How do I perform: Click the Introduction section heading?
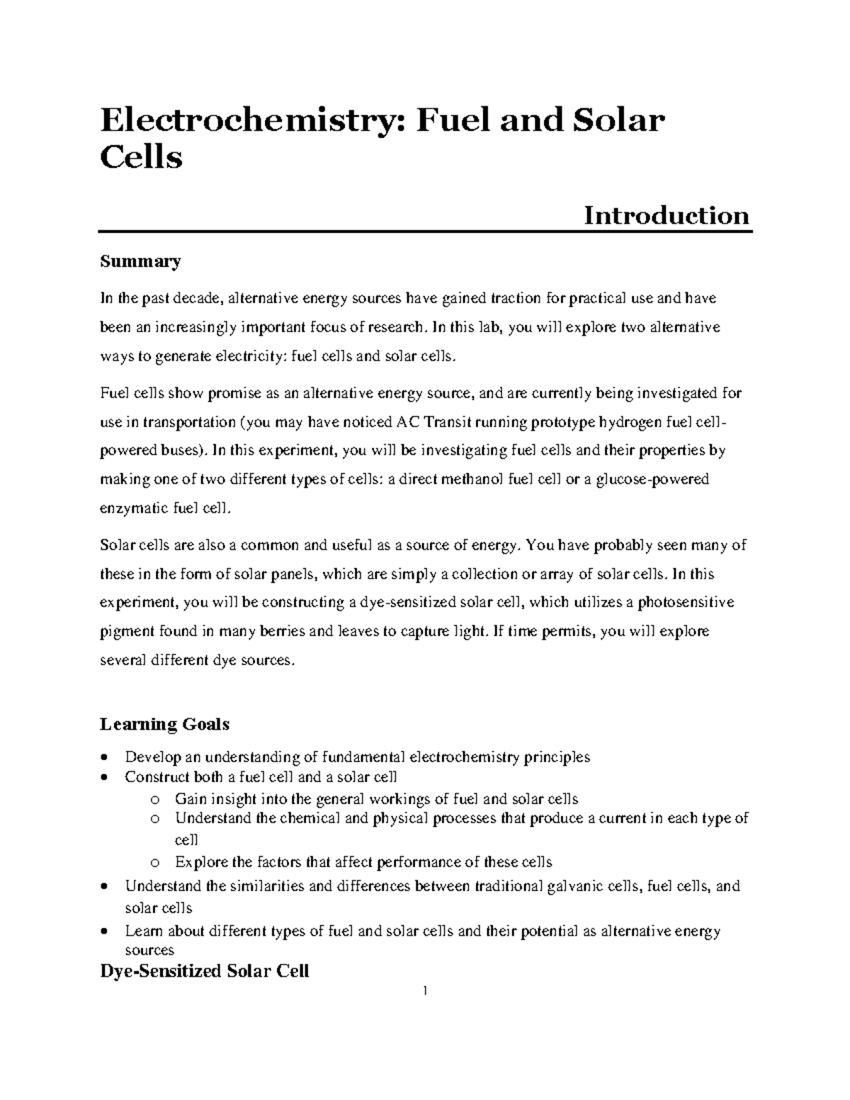(666, 215)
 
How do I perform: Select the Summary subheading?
(140, 261)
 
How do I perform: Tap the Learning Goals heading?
(164, 724)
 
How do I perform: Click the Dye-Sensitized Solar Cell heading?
(205, 970)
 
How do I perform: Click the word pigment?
(125, 631)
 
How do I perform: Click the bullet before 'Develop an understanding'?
(106, 756)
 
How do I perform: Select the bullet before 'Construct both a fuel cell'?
(106, 778)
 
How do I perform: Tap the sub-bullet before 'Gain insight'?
(155, 800)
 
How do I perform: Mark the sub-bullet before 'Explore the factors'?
(155, 863)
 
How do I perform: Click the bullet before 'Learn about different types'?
(106, 931)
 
